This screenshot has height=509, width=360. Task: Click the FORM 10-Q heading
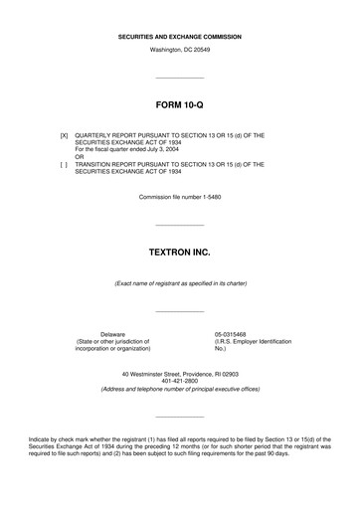pos(180,103)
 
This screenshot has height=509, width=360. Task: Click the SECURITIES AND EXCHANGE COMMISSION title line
pos(180,36)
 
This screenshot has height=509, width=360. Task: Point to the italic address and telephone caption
pos(180,390)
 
